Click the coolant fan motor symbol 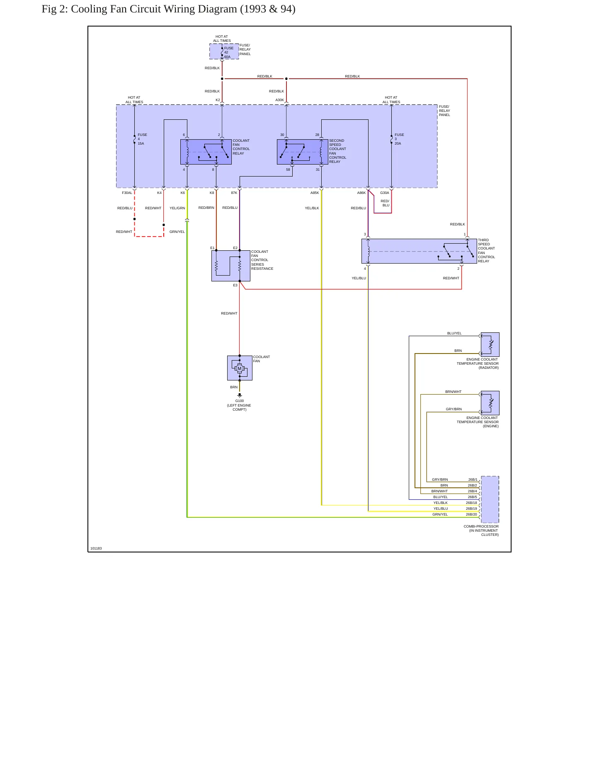point(240,368)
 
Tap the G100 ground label point(240,401)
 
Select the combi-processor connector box point(490,499)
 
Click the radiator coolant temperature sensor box point(490,344)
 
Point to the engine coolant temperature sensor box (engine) point(490,403)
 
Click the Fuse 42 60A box point(224,51)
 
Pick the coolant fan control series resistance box point(231,266)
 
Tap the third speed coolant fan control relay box point(419,251)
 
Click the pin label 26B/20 point(471,514)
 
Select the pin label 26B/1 point(473,480)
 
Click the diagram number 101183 point(96,548)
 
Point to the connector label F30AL point(127,193)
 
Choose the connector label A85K point(315,193)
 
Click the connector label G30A point(385,193)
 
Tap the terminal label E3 point(235,285)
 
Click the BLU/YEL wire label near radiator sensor point(454,333)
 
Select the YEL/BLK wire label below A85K point(312,208)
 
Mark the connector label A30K point(280,100)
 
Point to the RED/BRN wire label point(206,208)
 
